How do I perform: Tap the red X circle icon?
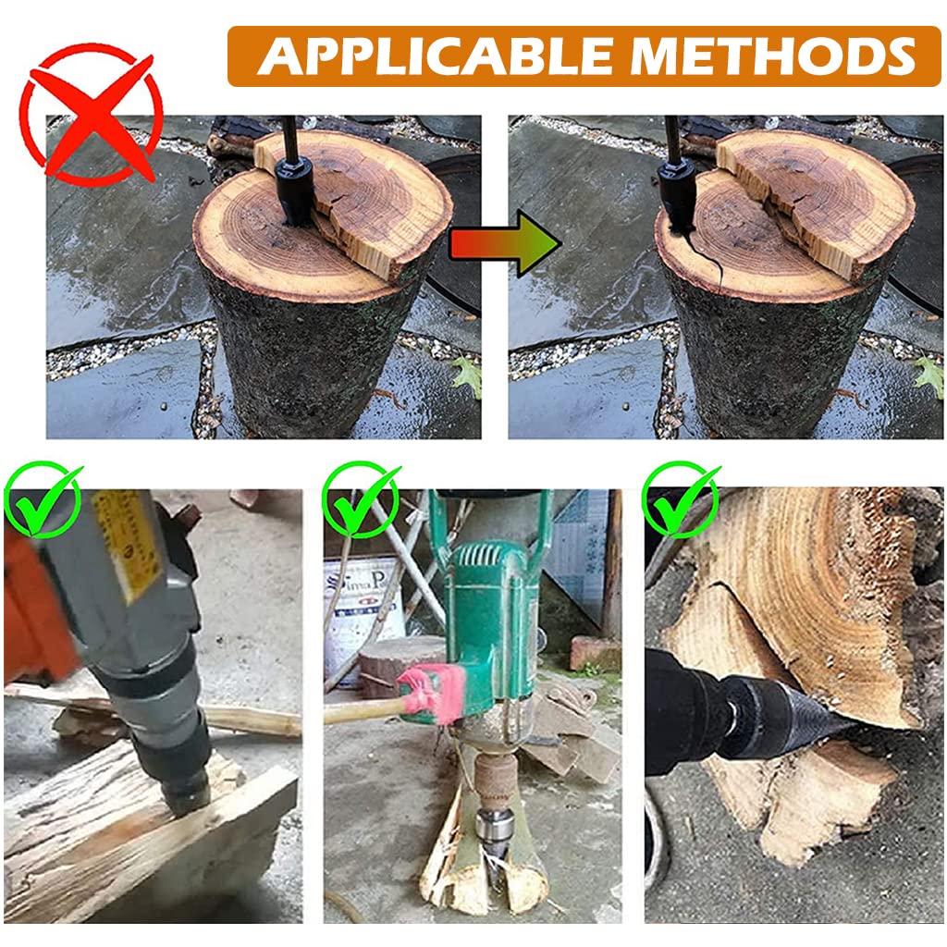coord(91,115)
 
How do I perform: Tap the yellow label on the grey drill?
coord(124,546)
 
